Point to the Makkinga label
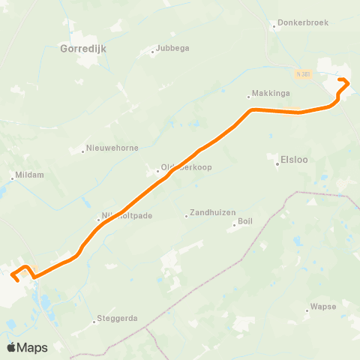coord(268,96)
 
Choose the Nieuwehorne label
coord(112,148)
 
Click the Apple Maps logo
coord(27,346)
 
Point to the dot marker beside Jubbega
coord(152,52)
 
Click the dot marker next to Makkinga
coord(249,96)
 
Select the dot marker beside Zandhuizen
coord(187,217)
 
